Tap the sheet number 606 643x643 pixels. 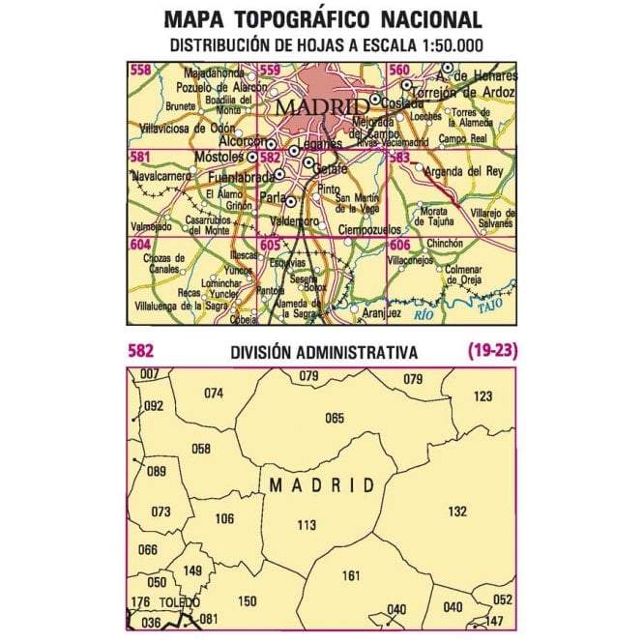click(398, 246)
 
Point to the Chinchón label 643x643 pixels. click(445, 245)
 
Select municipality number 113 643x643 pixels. click(307, 525)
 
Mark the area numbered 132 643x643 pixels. click(457, 511)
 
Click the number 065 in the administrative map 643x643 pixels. click(335, 417)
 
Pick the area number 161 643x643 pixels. click(351, 576)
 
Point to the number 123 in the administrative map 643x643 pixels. click(482, 395)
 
